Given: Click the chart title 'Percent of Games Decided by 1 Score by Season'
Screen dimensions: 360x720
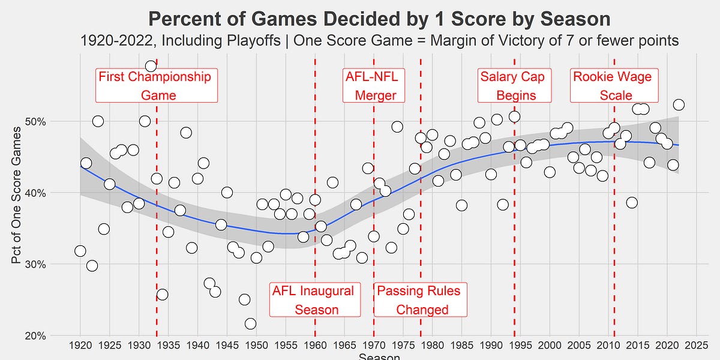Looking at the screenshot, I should (x=379, y=19).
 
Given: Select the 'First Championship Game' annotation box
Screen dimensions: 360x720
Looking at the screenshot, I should (x=155, y=86).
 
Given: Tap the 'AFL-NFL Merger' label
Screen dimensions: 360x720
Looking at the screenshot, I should (x=374, y=86).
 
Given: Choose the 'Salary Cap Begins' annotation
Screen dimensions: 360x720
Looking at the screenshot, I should (x=508, y=86).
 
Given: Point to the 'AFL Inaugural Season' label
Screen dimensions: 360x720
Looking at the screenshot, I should (x=314, y=300).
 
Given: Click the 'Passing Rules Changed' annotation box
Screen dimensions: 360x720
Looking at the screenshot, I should (x=420, y=300).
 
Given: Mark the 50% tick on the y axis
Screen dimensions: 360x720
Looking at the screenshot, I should (x=37, y=122).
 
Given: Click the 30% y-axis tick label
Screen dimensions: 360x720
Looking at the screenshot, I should (x=37, y=265).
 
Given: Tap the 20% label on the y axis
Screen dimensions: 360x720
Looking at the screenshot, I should (x=37, y=336).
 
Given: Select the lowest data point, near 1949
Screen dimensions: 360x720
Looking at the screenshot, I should (x=250, y=324).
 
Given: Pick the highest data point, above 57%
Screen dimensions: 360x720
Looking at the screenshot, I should (x=151, y=66).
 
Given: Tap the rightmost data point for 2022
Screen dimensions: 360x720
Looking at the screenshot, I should (x=679, y=104).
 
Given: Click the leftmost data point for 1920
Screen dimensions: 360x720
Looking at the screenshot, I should (x=80, y=251).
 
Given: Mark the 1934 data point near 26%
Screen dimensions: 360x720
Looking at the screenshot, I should (x=162, y=294).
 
